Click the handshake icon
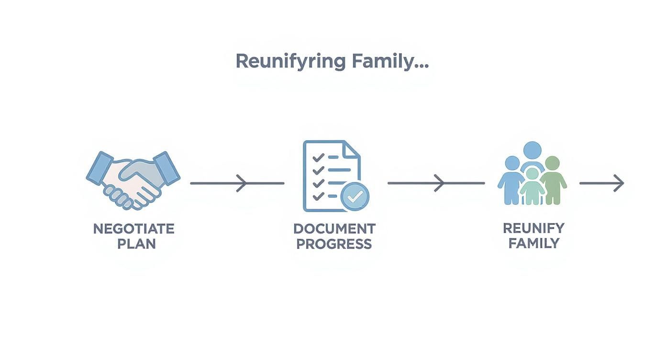[133, 180]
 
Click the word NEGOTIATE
[133, 229]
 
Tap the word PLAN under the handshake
[137, 244]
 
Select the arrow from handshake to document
[237, 183]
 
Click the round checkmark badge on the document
[355, 196]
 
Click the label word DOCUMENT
[334, 229]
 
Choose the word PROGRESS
[334, 244]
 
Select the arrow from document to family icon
[436, 183]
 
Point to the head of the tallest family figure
[532, 150]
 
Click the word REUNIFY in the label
[533, 228]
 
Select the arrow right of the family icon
[601, 183]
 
